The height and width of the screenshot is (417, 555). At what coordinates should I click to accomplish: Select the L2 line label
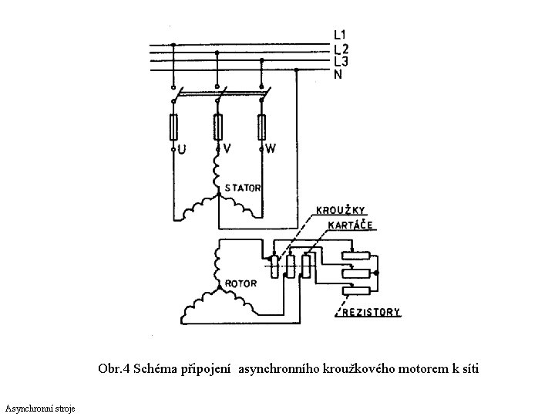[340, 49]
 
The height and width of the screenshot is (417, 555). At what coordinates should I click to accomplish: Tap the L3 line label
[340, 61]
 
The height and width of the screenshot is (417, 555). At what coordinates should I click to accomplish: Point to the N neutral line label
[338, 74]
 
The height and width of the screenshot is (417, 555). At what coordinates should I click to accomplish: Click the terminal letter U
[181, 148]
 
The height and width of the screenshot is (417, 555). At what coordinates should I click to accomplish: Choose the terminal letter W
[270, 147]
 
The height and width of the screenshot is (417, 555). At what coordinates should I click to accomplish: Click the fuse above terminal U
[174, 125]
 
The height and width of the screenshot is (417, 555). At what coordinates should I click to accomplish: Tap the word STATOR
[243, 188]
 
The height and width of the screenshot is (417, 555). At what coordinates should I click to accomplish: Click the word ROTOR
[240, 283]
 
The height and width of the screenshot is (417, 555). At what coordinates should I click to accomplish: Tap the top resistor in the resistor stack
[357, 258]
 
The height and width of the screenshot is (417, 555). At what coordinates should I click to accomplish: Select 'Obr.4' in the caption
[113, 368]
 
